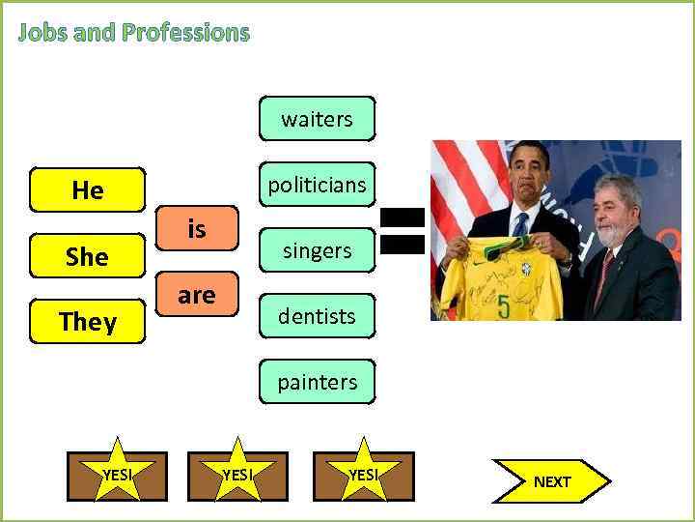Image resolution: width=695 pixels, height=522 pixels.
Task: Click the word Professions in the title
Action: point(186,33)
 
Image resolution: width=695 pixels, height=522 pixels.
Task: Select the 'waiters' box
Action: point(317,119)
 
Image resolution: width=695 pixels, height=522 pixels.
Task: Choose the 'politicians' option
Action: point(317,185)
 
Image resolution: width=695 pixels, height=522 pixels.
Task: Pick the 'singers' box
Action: point(317,250)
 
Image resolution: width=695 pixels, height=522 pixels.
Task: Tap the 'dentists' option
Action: point(317,316)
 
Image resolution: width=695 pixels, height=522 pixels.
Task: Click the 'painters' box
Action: point(317,382)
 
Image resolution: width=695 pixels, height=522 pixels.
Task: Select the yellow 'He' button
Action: point(87,190)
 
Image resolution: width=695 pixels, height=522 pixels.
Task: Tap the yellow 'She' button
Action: point(87,256)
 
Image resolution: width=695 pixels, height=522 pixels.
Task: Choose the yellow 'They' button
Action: point(87,322)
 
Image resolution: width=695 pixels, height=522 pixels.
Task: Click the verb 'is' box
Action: point(197,229)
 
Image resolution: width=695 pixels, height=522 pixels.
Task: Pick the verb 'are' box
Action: point(197,295)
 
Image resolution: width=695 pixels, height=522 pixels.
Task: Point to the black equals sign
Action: point(403,231)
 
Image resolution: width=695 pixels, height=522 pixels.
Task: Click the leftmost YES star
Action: point(117,474)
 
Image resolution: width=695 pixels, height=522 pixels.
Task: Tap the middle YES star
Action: point(236,474)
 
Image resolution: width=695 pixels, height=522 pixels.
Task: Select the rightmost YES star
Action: point(363,474)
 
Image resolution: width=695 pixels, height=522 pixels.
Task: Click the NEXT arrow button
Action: point(551,481)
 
